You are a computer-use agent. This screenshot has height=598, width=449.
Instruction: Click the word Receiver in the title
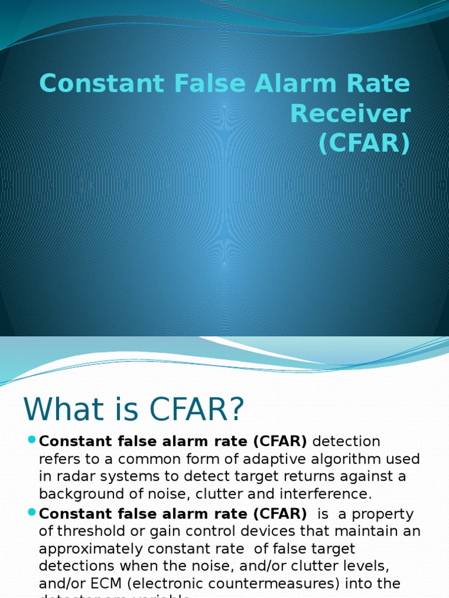click(x=350, y=114)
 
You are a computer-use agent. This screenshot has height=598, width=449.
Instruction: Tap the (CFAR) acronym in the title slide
click(x=364, y=144)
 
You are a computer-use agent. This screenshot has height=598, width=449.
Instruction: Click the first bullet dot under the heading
click(x=32, y=440)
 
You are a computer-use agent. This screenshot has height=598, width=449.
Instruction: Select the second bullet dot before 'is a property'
click(x=32, y=513)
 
